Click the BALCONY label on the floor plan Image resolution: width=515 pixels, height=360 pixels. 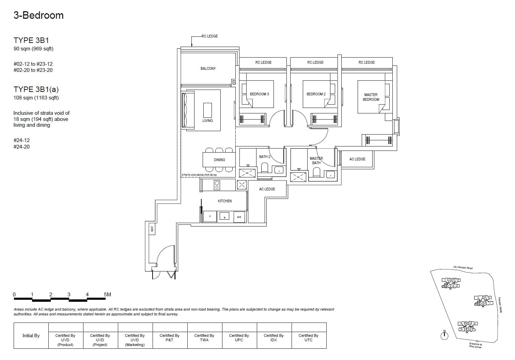pyautogui.click(x=208, y=68)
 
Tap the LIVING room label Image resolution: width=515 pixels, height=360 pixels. pyautogui.click(x=207, y=121)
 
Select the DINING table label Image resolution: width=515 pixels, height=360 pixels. pyautogui.click(x=219, y=160)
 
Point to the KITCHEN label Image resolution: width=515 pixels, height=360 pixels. pyautogui.click(x=225, y=201)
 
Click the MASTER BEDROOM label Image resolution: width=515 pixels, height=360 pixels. pyautogui.click(x=371, y=97)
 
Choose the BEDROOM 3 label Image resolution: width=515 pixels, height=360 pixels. pyautogui.click(x=259, y=94)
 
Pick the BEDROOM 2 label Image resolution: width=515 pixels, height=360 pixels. pyautogui.click(x=316, y=94)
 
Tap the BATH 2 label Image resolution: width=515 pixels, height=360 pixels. pyautogui.click(x=265, y=157)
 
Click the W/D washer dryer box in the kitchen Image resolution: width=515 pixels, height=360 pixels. pyautogui.click(x=239, y=217)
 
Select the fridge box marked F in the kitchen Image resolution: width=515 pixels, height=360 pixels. pyautogui.click(x=210, y=217)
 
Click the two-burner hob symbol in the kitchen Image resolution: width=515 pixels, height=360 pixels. pyautogui.click(x=217, y=185)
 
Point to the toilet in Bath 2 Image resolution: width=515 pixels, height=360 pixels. pyautogui.click(x=264, y=168)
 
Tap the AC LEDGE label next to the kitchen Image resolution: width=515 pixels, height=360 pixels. pyautogui.click(x=267, y=189)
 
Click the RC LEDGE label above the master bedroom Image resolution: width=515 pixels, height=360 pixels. pyautogui.click(x=366, y=62)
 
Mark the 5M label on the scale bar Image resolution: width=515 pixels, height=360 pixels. pyautogui.click(x=107, y=295)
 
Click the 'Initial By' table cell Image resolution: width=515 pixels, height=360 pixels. pyautogui.click(x=31, y=336)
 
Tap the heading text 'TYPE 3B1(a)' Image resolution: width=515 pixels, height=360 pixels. pyautogui.click(x=36, y=90)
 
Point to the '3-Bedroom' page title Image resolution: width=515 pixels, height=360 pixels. pyautogui.click(x=38, y=15)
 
